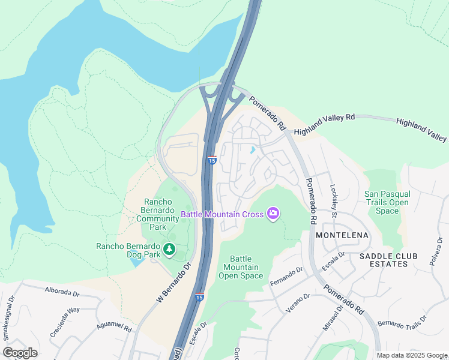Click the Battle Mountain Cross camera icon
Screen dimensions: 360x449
pyautogui.click(x=273, y=214)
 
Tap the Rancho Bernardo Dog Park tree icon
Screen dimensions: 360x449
pyautogui.click(x=169, y=249)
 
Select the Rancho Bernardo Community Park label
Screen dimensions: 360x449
pyautogui.click(x=157, y=214)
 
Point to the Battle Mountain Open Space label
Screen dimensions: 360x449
pyautogui.click(x=241, y=267)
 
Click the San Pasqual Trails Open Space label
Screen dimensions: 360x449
pyautogui.click(x=387, y=202)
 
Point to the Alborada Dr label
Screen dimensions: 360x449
pyautogui.click(x=62, y=291)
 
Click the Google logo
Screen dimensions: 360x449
pyautogui.click(x=20, y=353)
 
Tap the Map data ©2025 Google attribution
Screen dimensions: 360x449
pyautogui.click(x=411, y=355)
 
